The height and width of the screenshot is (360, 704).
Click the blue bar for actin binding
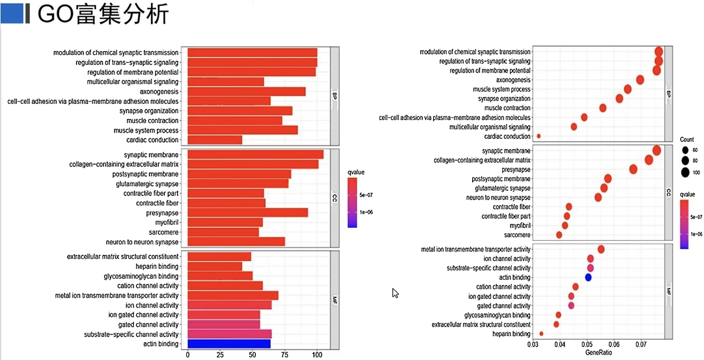point(229,344)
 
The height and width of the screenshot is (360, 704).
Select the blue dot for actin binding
point(588,277)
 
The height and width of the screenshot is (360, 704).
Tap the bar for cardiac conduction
point(215,140)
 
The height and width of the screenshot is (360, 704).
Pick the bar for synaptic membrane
point(255,154)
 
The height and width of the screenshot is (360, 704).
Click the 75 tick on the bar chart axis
point(285,355)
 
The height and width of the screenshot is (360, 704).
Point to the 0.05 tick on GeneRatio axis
point(587,344)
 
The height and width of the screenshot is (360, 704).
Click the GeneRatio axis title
point(598,353)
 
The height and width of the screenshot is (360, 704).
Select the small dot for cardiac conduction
point(539,136)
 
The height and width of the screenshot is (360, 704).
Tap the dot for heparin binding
point(541,334)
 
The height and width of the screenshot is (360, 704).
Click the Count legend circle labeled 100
point(685,173)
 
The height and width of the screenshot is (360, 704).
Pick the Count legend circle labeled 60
point(685,150)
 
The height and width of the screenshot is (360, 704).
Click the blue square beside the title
point(12,14)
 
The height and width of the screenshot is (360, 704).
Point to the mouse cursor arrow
point(395,293)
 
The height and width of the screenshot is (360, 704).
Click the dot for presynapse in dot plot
point(633,169)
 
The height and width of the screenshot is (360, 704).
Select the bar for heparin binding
point(215,266)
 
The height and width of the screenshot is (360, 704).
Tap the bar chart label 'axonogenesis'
point(159,92)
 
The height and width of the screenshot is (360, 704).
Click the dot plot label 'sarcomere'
point(517,235)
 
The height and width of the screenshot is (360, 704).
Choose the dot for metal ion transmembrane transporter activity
point(601,250)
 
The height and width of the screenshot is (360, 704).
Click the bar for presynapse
point(248,213)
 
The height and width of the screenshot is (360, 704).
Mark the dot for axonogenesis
point(640,80)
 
